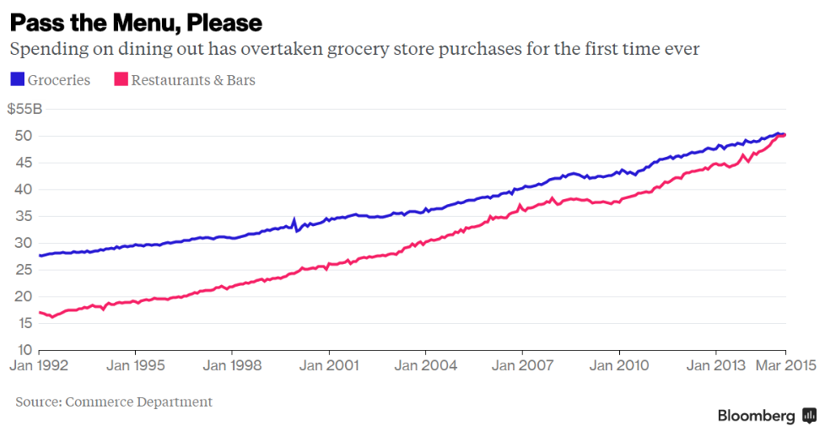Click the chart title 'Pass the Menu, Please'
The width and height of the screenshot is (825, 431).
[136, 22]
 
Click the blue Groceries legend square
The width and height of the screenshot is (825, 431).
[17, 80]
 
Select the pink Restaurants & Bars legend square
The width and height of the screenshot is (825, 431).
[121, 80]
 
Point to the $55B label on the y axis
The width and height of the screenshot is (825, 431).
[24, 110]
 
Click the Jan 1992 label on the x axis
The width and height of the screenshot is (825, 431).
[39, 366]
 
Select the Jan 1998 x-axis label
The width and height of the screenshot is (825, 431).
[232, 366]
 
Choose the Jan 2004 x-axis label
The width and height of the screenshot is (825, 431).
[425, 366]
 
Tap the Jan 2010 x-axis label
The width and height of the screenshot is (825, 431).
[618, 366]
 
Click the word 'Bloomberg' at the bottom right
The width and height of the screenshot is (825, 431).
[756, 416]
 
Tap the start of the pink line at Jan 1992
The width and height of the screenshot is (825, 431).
[40, 312]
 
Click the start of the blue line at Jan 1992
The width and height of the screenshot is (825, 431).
[40, 255]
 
